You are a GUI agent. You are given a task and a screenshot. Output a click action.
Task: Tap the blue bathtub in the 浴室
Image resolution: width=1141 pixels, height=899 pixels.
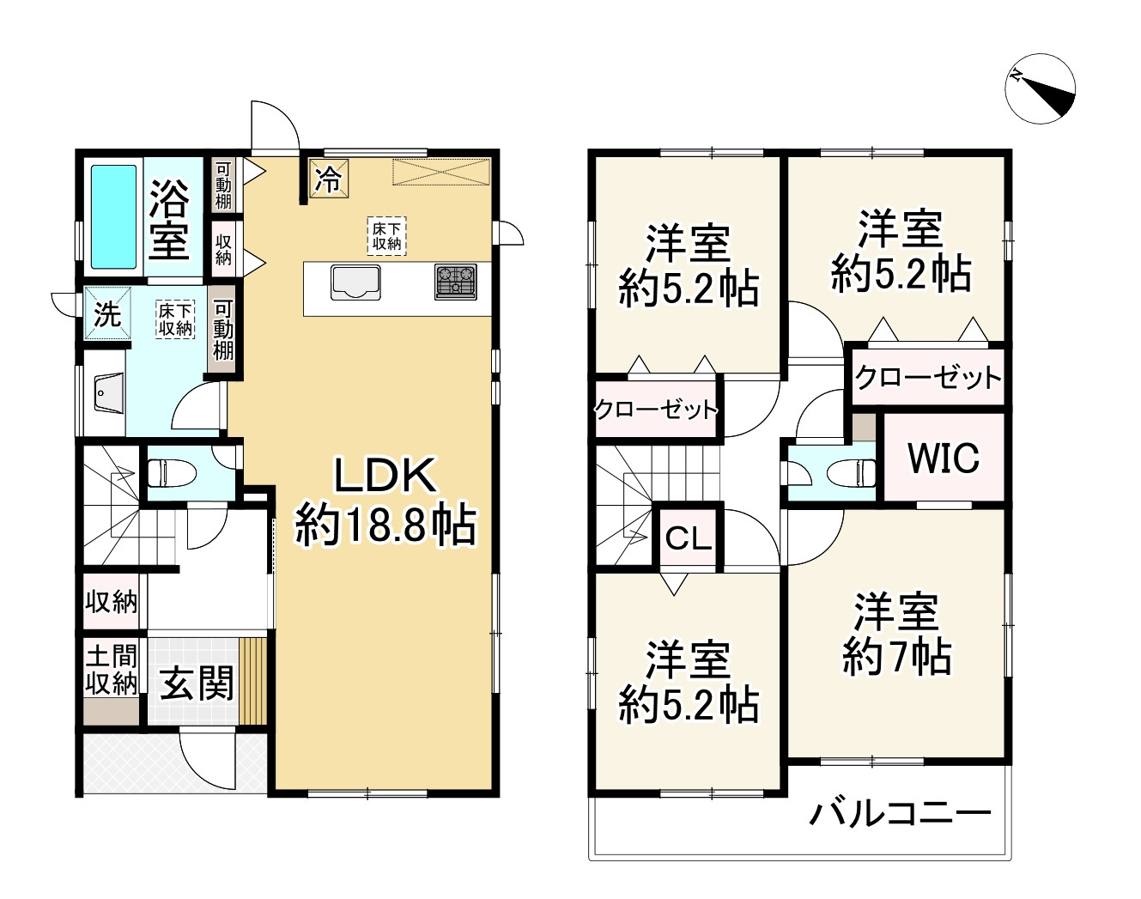click(114, 216)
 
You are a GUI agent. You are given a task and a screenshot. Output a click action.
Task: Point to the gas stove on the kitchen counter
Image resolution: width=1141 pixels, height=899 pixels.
click(455, 282)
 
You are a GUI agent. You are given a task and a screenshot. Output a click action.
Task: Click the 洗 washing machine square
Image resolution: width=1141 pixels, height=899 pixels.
click(107, 314)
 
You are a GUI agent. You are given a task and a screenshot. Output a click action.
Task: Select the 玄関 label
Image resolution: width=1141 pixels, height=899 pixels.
click(197, 684)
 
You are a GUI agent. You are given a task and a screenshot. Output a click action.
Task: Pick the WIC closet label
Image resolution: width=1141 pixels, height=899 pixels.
click(944, 458)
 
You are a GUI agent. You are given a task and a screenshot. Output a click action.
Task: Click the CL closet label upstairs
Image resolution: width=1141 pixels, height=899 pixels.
click(689, 539)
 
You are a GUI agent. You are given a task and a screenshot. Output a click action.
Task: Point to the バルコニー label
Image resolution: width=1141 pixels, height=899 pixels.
click(901, 812)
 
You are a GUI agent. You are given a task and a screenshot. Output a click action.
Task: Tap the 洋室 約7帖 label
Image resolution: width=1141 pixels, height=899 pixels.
click(896, 635)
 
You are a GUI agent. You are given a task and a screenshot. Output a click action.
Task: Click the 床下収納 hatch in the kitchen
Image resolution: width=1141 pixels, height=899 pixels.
click(386, 235)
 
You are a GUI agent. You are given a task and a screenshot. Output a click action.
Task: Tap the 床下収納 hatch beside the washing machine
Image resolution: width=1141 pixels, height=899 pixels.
click(175, 318)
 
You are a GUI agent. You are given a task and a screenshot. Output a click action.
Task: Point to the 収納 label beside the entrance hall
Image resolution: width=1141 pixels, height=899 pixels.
click(112, 602)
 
